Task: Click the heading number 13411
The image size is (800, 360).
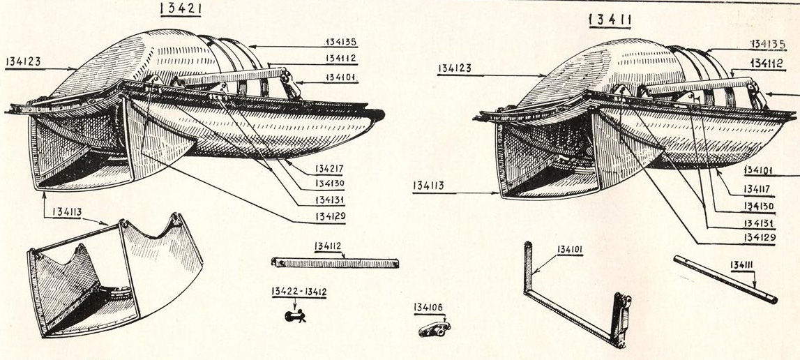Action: click(610, 20)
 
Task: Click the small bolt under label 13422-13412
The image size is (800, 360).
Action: click(296, 317)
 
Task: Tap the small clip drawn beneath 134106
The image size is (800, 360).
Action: click(434, 327)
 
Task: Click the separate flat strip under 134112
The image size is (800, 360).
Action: click(335, 263)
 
